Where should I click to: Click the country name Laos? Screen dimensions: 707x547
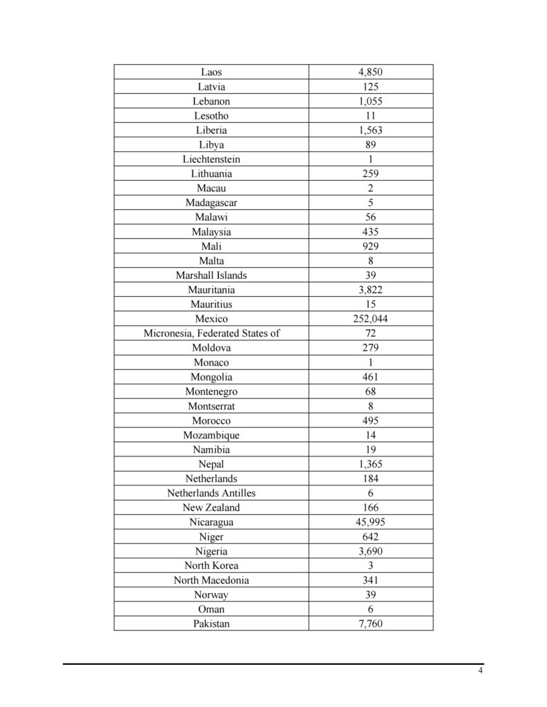pyautogui.click(x=211, y=72)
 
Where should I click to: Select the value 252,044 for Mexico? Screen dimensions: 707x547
pyautogui.click(x=371, y=319)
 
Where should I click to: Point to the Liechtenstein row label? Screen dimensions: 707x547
pyautogui.click(x=211, y=159)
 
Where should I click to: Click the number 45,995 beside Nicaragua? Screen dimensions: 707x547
pyautogui.click(x=371, y=522)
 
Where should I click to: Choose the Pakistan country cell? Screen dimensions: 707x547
pyautogui.click(x=211, y=623)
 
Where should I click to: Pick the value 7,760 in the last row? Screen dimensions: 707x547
pyautogui.click(x=371, y=623)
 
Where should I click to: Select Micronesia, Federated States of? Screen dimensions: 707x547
pyautogui.click(x=211, y=333)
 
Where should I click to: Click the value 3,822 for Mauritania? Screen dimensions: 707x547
pyautogui.click(x=371, y=290)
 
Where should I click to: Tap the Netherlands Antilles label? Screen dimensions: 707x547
pyautogui.click(x=211, y=493)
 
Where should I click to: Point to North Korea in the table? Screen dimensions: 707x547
pyautogui.click(x=211, y=565)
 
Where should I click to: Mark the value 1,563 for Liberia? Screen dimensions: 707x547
pyautogui.click(x=371, y=130)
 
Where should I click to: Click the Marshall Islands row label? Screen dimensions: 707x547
pyautogui.click(x=211, y=275)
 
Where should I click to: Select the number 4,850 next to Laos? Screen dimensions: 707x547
pyautogui.click(x=371, y=72)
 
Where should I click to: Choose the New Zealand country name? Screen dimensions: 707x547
pyautogui.click(x=211, y=507)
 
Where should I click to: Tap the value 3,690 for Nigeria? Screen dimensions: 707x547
pyautogui.click(x=371, y=551)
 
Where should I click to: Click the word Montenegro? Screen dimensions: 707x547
pyautogui.click(x=211, y=391)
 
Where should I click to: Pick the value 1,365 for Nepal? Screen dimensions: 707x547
pyautogui.click(x=371, y=464)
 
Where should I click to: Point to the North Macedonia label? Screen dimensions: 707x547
pyautogui.click(x=211, y=580)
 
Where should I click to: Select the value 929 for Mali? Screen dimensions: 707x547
pyautogui.click(x=371, y=246)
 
